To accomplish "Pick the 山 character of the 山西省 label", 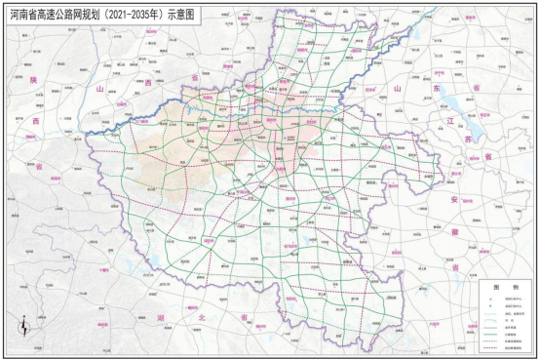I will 99,89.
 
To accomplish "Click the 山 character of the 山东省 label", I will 397,89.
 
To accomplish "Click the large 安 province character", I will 453,199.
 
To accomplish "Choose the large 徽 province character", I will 454,231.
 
